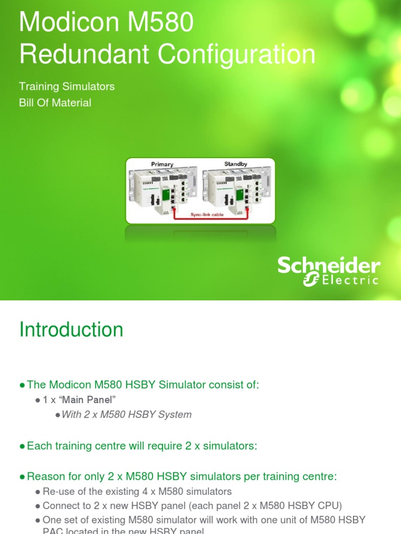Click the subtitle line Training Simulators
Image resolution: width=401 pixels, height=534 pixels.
click(67, 86)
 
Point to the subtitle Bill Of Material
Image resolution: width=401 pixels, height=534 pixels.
click(55, 103)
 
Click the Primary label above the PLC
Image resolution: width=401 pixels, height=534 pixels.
click(162, 164)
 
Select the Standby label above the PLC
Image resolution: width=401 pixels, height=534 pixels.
click(235, 164)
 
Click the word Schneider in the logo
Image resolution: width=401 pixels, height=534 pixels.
click(328, 266)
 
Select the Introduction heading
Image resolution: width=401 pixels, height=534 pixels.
click(72, 330)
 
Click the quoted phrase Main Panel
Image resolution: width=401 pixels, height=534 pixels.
click(93, 400)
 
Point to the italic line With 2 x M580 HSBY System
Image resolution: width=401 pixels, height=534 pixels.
click(126, 415)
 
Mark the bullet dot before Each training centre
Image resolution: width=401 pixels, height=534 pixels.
click(22, 446)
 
